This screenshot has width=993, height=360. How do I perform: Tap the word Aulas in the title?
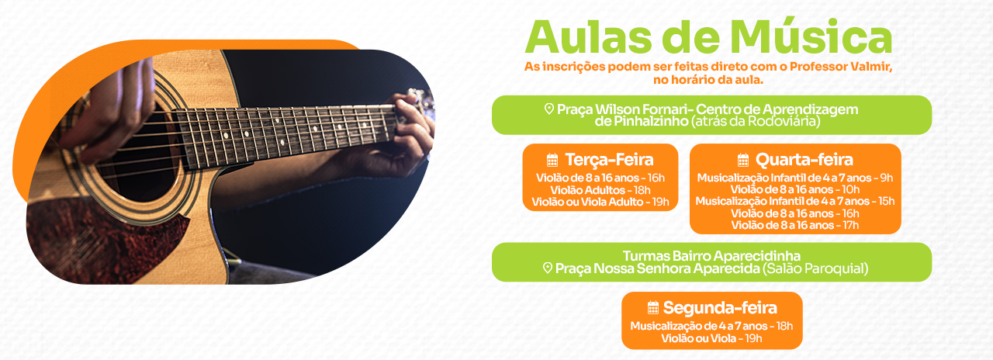click(x=589, y=37)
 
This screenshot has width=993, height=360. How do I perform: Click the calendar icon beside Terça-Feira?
click(x=552, y=160)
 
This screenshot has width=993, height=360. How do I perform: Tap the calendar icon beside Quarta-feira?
click(x=743, y=160)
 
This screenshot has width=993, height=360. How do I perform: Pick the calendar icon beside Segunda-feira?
click(x=653, y=307)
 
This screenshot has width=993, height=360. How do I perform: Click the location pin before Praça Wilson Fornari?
click(x=549, y=109)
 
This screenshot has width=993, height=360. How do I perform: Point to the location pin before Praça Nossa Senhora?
click(x=548, y=268)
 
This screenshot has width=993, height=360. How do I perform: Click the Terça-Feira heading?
click(x=609, y=160)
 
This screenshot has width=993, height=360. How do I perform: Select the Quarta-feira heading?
click(x=804, y=160)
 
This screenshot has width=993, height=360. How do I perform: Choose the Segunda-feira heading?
click(x=720, y=308)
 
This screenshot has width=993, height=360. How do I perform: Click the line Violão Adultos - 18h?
click(x=600, y=190)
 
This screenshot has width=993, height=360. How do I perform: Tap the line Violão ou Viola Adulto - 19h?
click(x=600, y=202)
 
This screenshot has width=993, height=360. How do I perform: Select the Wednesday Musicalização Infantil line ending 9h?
click(x=795, y=178)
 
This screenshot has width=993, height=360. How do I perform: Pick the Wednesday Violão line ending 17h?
click(x=795, y=225)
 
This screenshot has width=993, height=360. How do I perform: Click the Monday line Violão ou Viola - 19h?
click(x=711, y=339)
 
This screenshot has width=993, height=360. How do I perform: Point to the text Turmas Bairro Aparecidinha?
click(x=711, y=256)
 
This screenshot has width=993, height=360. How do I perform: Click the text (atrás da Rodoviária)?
click(x=756, y=121)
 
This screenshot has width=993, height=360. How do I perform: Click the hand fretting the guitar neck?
click(x=406, y=133)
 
